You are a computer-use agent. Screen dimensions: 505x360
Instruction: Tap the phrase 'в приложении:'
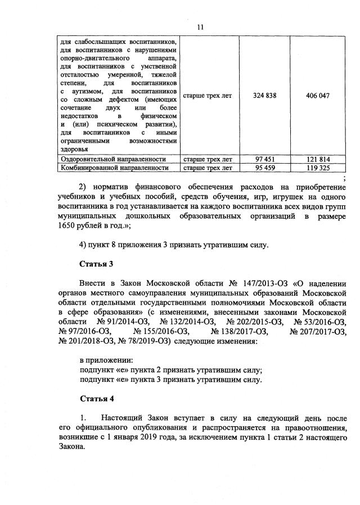pos(106,360)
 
